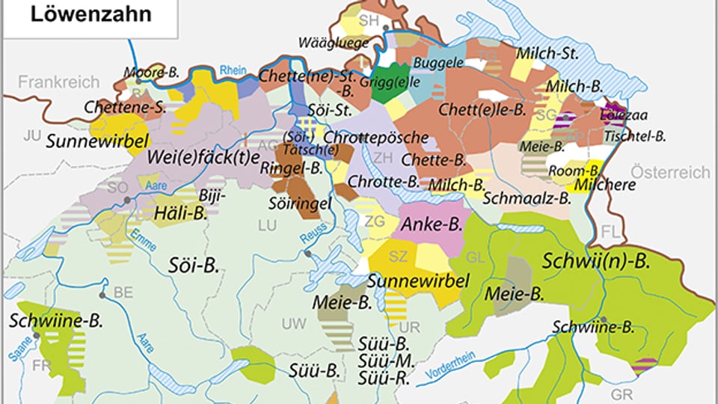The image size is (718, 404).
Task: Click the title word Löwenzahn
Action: point(90,14)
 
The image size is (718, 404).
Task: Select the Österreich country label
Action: point(670,172)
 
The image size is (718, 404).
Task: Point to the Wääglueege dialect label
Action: point(333,43)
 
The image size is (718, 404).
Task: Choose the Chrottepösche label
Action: point(377,138)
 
